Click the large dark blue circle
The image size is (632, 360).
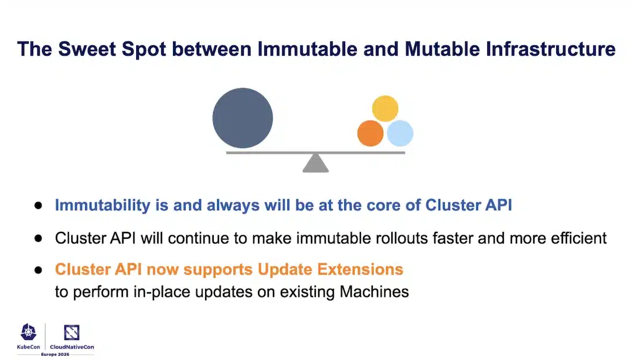[242, 118]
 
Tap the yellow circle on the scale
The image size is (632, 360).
[386, 109]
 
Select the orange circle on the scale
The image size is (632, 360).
[370, 133]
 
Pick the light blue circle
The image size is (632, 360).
[400, 133]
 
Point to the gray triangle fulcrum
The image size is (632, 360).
[315, 164]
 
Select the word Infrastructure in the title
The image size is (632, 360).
[550, 49]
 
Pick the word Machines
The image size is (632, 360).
[374, 292]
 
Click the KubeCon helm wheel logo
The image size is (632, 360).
[29, 332]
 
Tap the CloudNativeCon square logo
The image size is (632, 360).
[72, 332]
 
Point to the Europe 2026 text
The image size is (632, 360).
[55, 354]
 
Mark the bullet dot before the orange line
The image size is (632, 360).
[38, 269]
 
